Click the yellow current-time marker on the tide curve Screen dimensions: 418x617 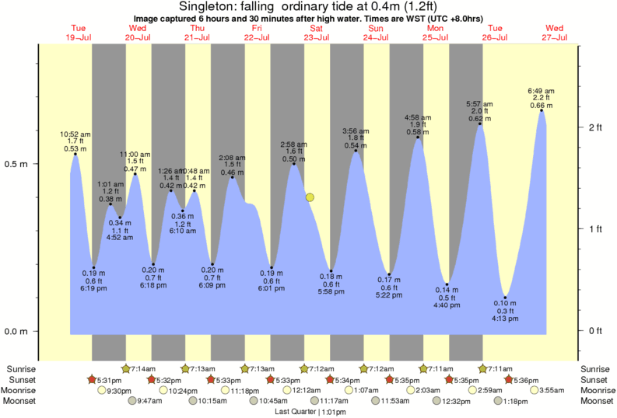point(310,197)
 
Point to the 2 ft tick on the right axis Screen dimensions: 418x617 point(594,127)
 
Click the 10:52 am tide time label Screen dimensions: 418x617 point(75,134)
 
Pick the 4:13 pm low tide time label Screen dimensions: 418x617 point(505,318)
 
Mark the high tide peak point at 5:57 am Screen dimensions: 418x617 point(480,124)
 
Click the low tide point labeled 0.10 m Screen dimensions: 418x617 point(505,298)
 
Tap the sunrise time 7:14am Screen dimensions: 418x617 point(143,368)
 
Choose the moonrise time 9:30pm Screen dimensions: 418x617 point(119,390)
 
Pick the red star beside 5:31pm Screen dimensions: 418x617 point(92,379)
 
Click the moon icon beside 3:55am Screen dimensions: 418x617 point(534,390)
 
